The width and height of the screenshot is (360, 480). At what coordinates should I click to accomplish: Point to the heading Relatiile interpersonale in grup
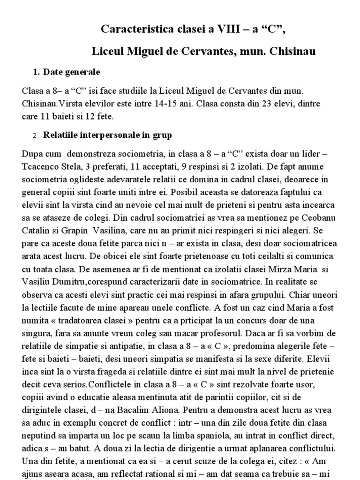[108, 135]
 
